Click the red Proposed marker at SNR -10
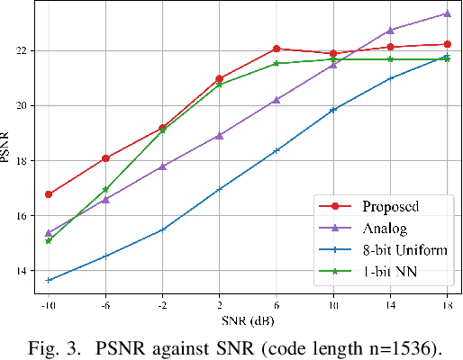(49, 194)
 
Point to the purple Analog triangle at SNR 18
(448, 13)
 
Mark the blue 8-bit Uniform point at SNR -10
(49, 280)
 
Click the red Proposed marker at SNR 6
(277, 49)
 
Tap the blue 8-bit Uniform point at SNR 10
(333, 110)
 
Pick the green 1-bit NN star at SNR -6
(105, 190)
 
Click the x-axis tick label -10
(49, 308)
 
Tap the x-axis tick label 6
(277, 308)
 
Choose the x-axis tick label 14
(390, 308)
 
